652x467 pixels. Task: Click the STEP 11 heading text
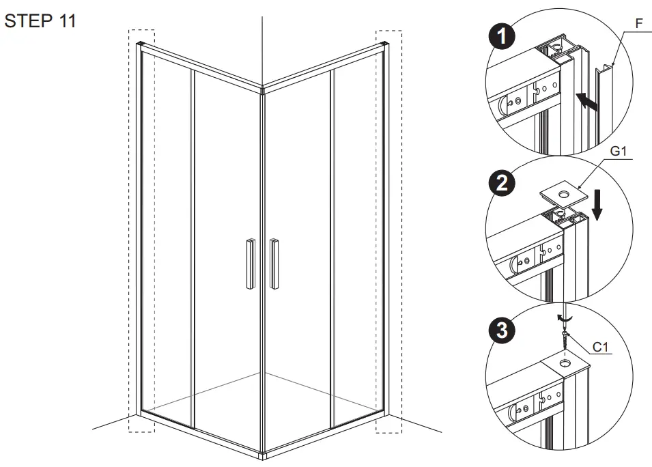[40, 21]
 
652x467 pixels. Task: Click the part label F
[639, 23]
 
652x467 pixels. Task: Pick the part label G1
[618, 152]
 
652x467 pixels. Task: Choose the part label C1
[600, 347]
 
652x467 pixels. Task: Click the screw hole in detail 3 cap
[565, 363]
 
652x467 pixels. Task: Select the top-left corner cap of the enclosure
[141, 46]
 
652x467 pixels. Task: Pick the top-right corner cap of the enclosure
[385, 46]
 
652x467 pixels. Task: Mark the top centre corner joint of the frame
[262, 88]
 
